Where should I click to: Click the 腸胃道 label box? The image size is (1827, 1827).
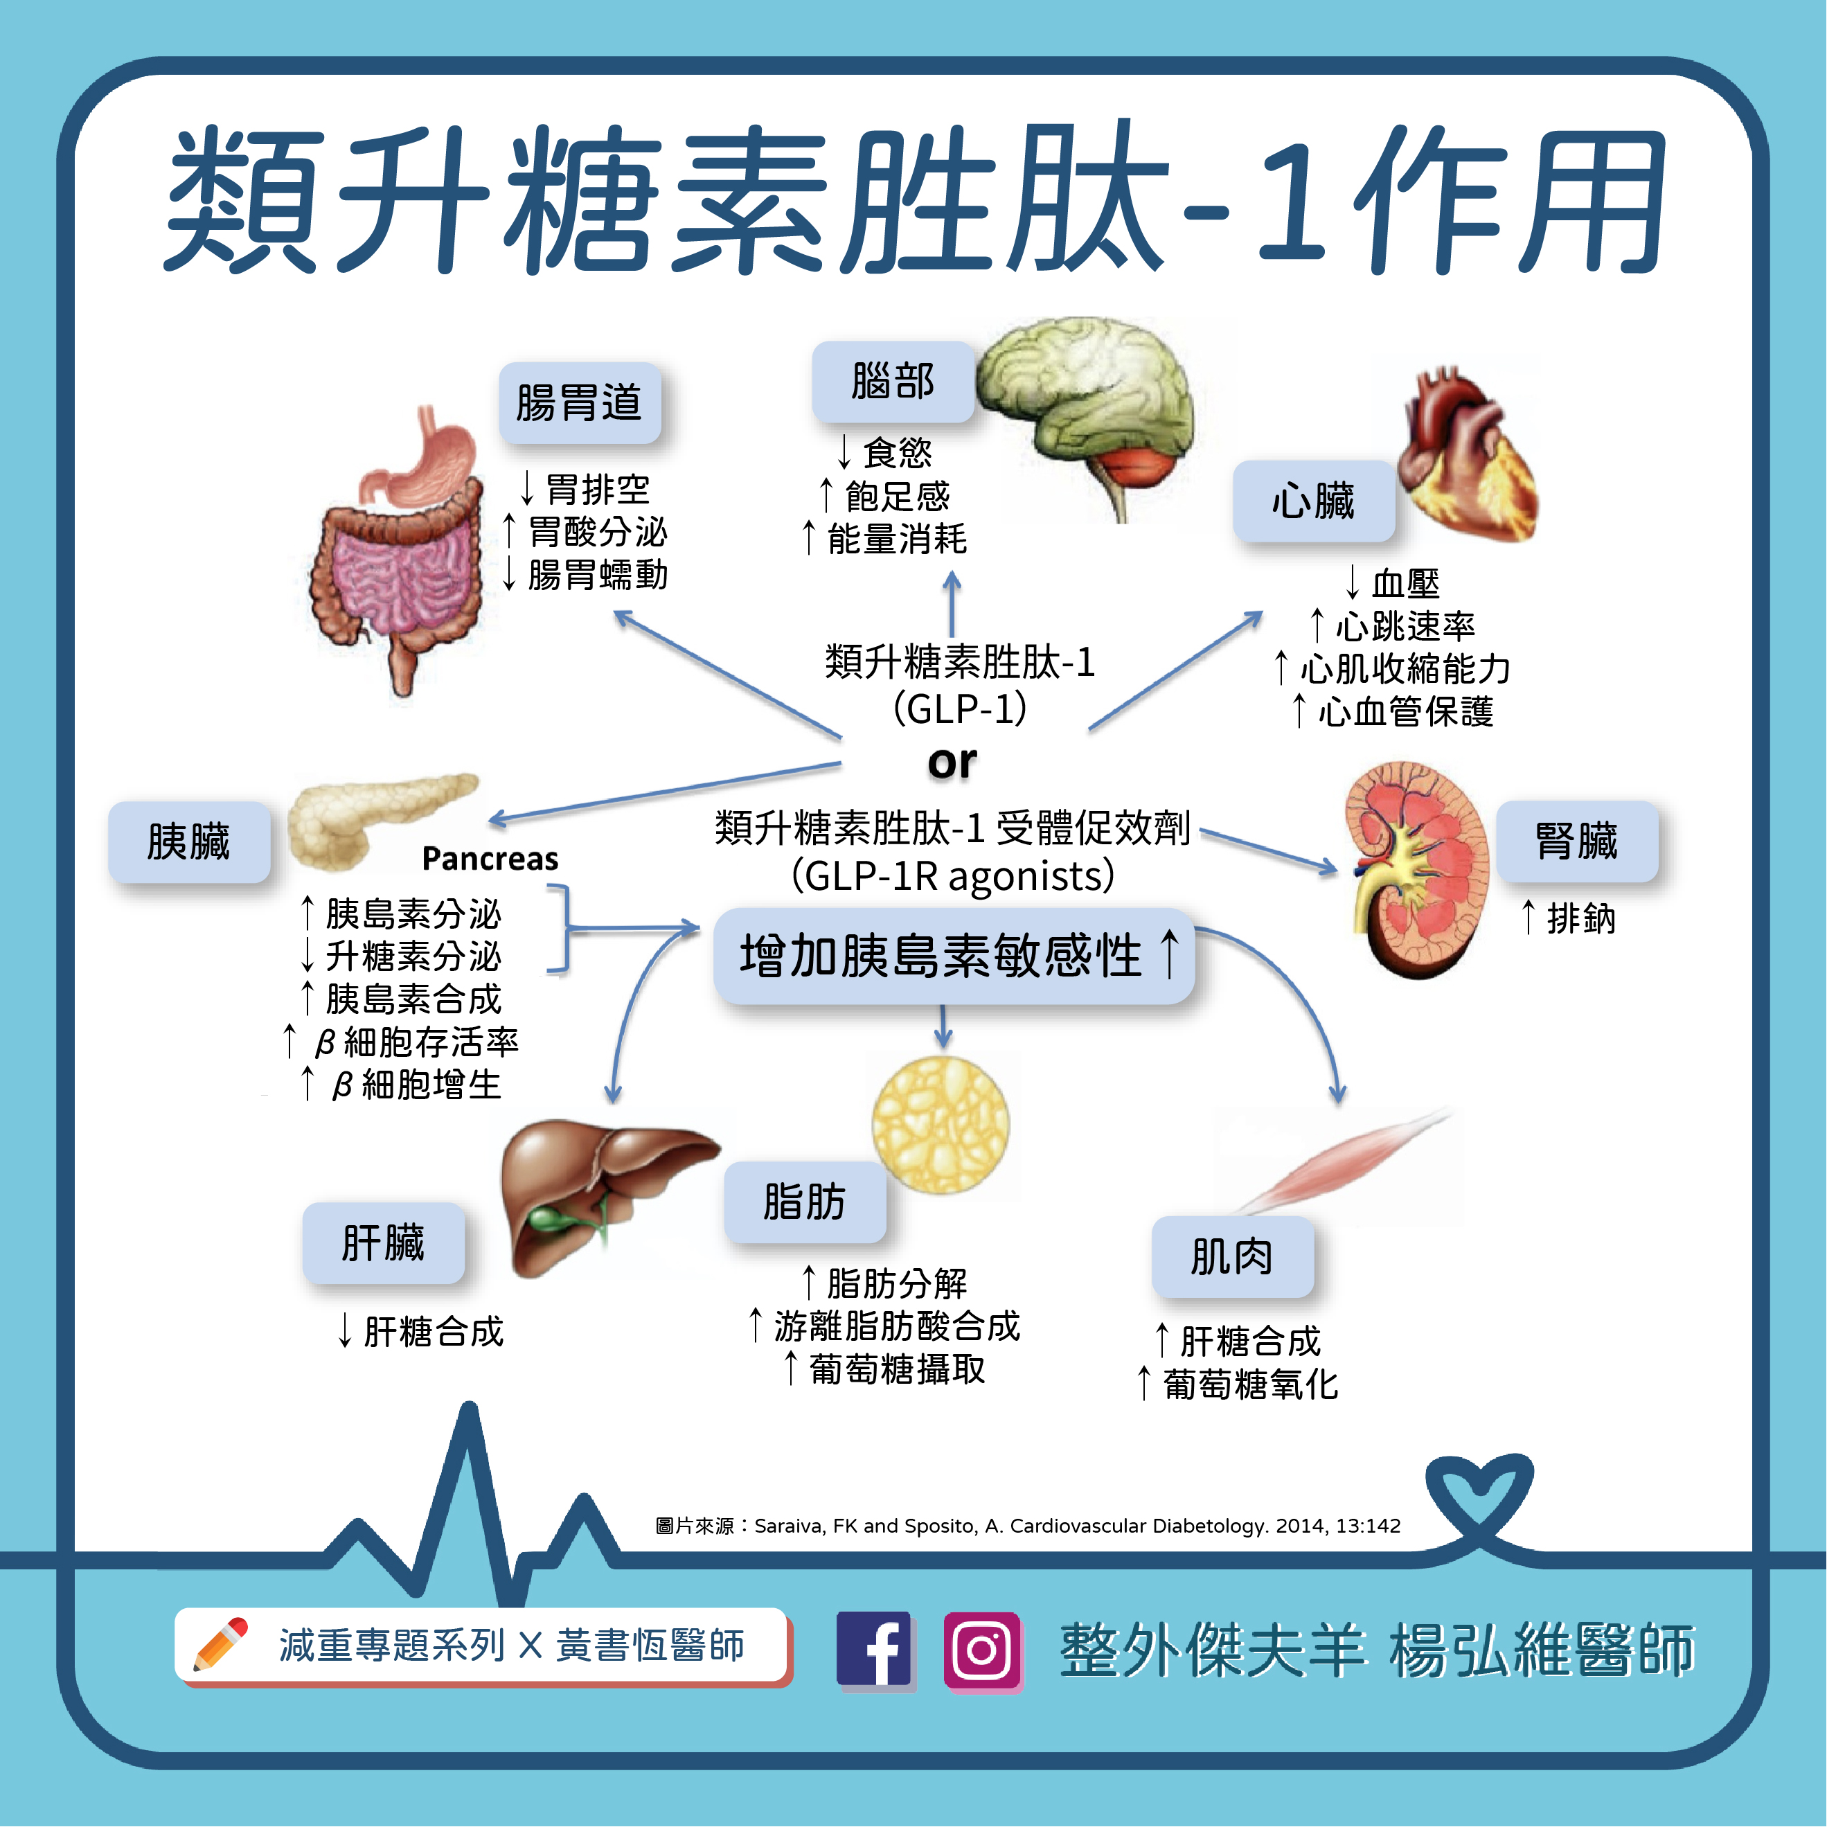[x=580, y=403]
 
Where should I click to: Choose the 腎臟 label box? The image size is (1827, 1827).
[x=1576, y=841]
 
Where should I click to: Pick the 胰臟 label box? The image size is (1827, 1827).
[x=188, y=841]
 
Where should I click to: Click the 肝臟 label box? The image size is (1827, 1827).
[x=383, y=1242]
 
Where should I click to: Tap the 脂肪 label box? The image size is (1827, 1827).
[x=805, y=1202]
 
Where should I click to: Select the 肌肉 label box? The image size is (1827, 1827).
[x=1231, y=1257]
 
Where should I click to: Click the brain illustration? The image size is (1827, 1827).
[x=1087, y=407]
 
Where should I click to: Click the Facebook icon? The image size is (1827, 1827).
[x=874, y=1650]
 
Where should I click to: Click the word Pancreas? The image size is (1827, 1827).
[x=490, y=859]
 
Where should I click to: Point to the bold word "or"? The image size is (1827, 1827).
[x=952, y=763]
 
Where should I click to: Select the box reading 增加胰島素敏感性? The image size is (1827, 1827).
[x=953, y=955]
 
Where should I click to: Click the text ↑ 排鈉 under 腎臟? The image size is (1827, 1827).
[x=1568, y=917]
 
